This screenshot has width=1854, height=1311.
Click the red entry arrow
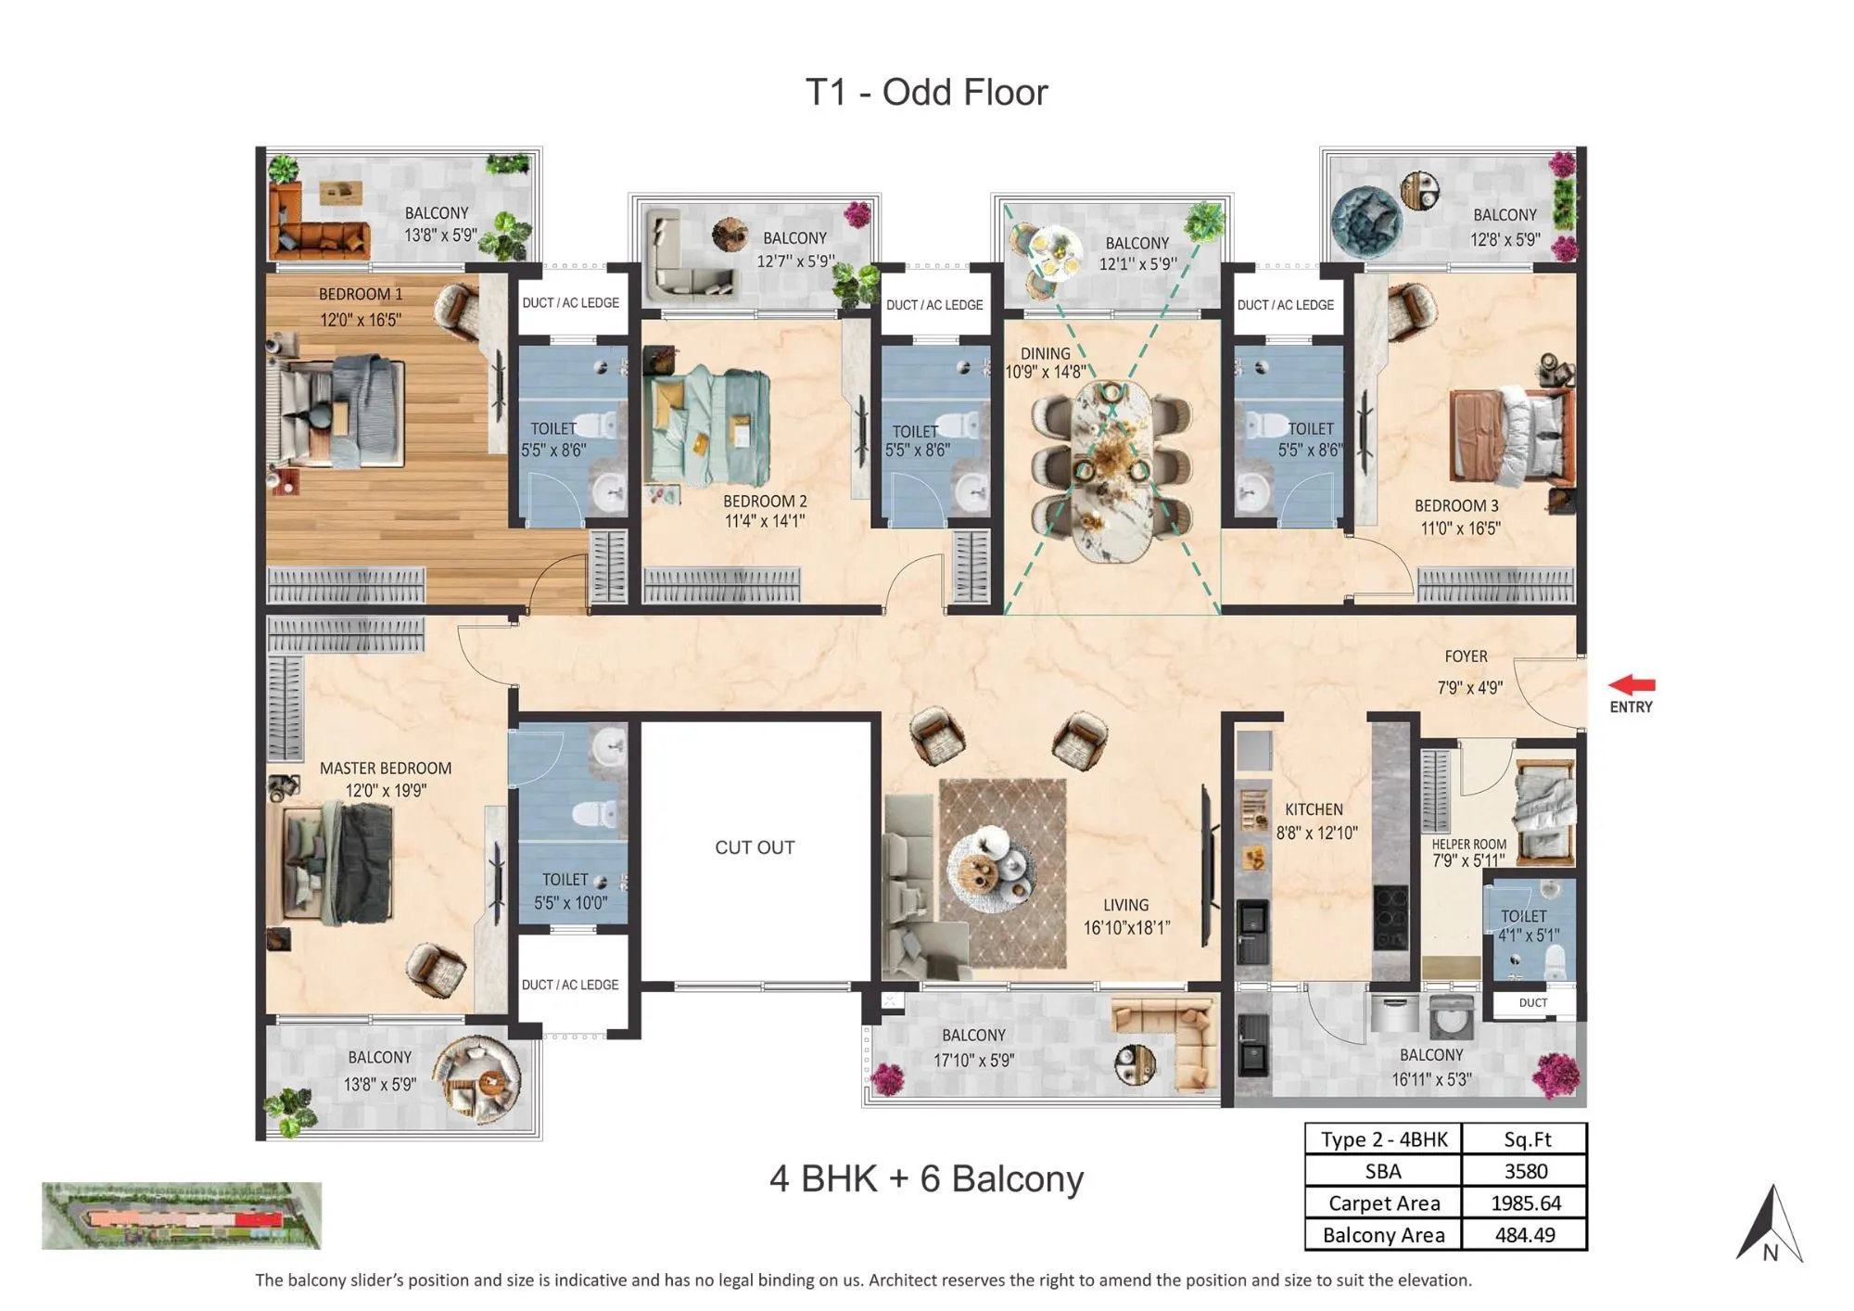tap(1632, 685)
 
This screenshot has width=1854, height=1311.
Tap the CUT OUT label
tap(755, 847)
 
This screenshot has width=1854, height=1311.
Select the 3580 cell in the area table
tap(1525, 1171)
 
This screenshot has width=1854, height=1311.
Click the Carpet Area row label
tap(1383, 1203)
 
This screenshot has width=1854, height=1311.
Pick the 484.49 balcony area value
tap(1525, 1235)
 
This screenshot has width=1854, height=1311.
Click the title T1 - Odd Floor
tap(926, 92)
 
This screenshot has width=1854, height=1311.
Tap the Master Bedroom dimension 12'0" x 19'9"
tap(386, 791)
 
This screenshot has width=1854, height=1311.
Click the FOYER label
tap(1466, 656)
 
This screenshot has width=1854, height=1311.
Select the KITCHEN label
tap(1314, 809)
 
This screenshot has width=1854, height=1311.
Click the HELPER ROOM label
tap(1468, 845)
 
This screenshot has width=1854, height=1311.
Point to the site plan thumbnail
tap(182, 1216)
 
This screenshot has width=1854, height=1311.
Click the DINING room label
tap(1045, 353)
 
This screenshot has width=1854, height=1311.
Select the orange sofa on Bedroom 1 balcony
tap(315, 232)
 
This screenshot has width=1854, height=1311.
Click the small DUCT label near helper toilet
tap(1532, 1002)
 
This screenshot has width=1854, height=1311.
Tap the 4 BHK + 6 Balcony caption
tap(926, 1178)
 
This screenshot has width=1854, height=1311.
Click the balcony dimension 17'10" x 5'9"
tap(973, 1060)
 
